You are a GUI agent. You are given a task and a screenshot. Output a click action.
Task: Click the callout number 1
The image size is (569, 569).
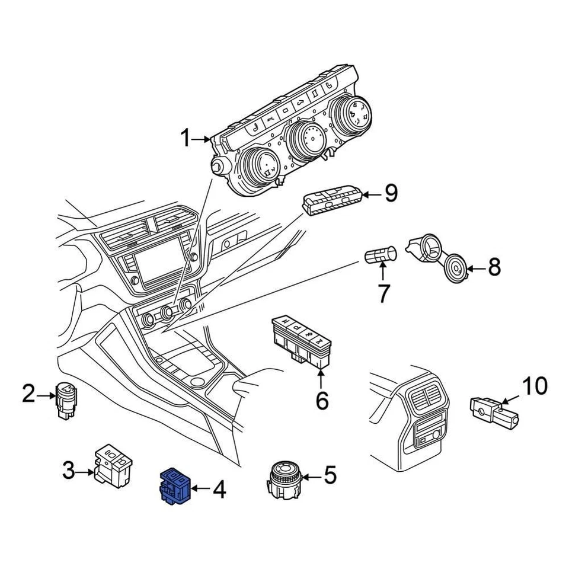click(x=186, y=140)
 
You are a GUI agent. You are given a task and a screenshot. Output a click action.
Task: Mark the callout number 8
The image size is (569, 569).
click(x=494, y=267)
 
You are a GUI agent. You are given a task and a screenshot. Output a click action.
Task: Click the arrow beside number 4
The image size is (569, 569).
click(x=200, y=489)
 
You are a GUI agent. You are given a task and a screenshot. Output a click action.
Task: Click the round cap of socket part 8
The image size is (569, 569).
click(x=455, y=269)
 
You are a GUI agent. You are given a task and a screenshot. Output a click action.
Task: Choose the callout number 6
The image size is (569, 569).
click(x=321, y=401)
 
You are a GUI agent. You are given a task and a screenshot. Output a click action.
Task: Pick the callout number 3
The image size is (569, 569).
click(x=69, y=472)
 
